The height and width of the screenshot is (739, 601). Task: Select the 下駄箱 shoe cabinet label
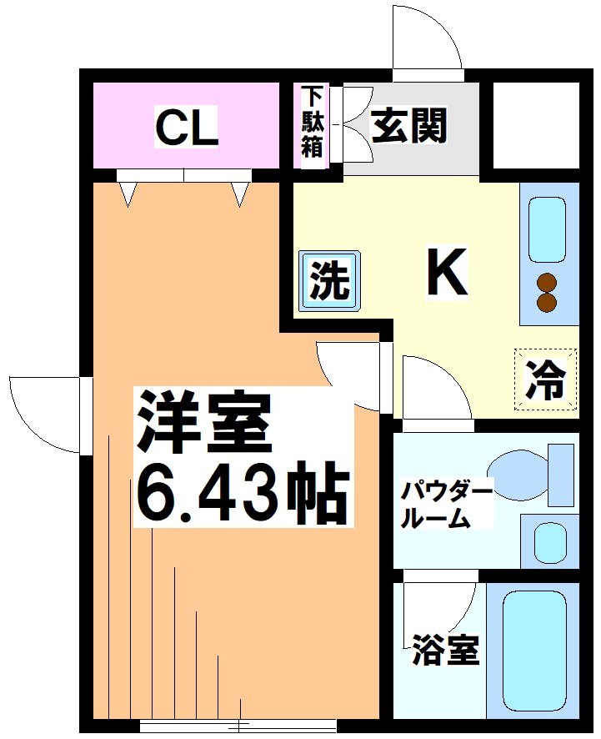coord(312,122)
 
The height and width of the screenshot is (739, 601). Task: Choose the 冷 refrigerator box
coord(546,380)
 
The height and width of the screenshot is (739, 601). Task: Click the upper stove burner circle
coord(547,282)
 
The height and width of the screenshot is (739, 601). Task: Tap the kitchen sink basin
coord(548,230)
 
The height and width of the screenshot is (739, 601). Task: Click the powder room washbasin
coord(550,542)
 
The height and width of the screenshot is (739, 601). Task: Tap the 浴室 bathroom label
coord(446,651)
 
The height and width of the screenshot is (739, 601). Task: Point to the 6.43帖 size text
coord(241,495)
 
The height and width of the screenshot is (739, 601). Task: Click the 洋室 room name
coord(204,422)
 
